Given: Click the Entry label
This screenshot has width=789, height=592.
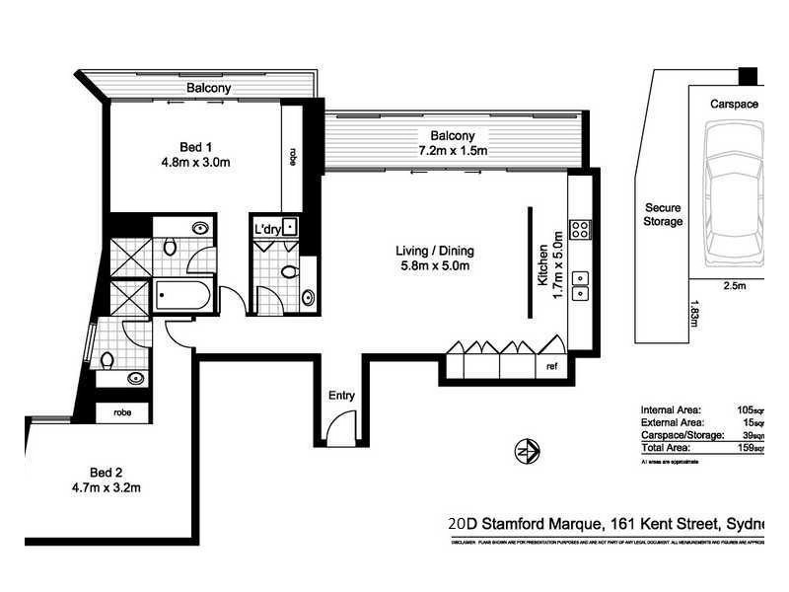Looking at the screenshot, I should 342,396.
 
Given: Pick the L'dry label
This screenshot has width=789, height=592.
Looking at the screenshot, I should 268,230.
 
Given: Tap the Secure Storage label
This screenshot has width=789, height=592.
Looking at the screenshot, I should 663,215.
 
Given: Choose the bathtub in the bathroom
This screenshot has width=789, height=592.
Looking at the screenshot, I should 182,294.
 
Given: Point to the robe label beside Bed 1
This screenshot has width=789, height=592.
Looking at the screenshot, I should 293,155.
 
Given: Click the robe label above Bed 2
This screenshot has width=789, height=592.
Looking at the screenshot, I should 122,411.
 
